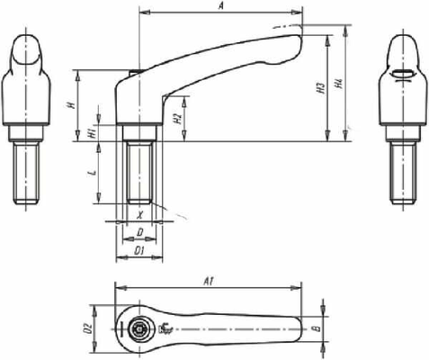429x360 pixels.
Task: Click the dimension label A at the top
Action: pos(221,6)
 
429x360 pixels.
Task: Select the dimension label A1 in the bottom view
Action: pos(209,282)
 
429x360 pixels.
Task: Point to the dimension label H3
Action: pos(319,88)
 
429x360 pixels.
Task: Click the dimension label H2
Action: pos(178,118)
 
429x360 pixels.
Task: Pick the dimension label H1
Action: pos(93,133)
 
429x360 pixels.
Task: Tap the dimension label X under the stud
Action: pos(139,215)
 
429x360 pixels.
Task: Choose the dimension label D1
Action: pos(139,251)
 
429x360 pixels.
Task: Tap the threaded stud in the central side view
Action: pos(139,171)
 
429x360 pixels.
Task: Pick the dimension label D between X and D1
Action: pos(139,232)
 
